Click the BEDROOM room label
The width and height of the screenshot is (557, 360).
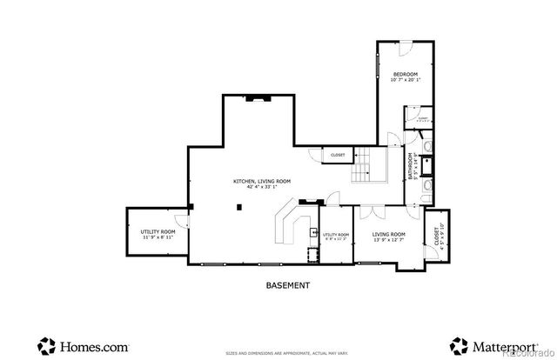tap(406, 75)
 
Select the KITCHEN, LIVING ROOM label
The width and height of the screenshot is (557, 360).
tap(261, 181)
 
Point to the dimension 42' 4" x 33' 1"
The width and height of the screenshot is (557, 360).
tap(261, 187)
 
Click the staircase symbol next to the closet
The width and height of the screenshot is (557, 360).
tap(364, 165)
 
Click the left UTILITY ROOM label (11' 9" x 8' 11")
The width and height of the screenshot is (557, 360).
tap(158, 233)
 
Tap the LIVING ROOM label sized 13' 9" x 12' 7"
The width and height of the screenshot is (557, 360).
tap(389, 235)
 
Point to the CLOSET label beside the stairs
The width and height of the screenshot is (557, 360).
tap(338, 155)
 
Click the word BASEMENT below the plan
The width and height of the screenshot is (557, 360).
tap(287, 284)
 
